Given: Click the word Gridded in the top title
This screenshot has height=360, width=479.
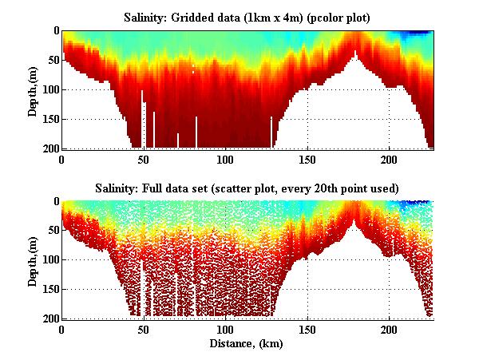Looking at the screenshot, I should [198, 17].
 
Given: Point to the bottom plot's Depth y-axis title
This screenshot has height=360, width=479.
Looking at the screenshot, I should [33, 259].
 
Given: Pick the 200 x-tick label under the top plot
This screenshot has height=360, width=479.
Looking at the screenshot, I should [389, 160].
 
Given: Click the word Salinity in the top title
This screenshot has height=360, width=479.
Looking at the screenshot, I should [145, 17].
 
